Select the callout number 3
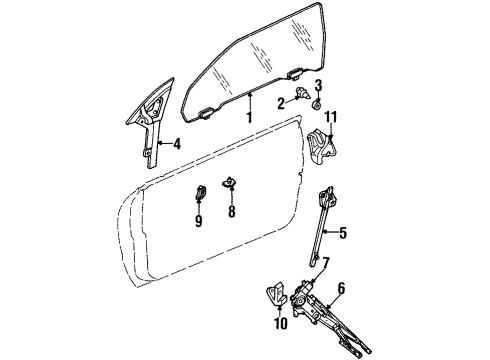coord(318,84)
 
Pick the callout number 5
coord(342,237)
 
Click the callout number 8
coord(231,212)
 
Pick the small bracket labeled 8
coord(232,183)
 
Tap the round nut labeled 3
coord(316,103)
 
